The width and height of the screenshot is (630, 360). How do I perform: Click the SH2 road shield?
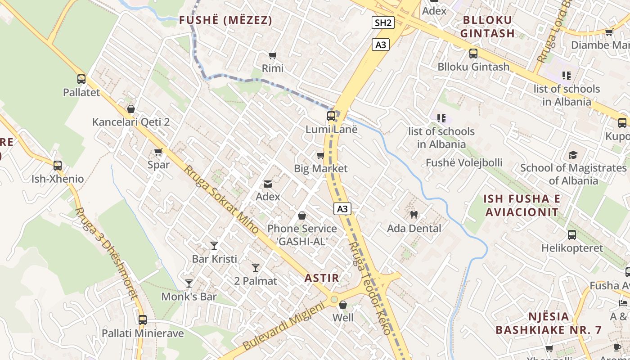click(383, 22)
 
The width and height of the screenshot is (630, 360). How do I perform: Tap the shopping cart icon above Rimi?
click(272, 55)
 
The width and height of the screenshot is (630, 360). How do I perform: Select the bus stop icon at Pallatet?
click(81, 79)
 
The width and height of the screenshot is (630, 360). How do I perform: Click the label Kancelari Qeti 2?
click(131, 122)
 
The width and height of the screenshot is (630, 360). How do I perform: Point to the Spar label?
click(158, 165)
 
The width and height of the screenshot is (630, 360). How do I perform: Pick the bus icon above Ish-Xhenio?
click(58, 165)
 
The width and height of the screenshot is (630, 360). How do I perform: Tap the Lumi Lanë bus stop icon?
click(331, 116)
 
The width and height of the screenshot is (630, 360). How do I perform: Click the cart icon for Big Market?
click(320, 156)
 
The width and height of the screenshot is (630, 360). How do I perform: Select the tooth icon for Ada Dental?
click(414, 215)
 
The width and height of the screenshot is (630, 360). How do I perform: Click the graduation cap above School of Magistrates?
click(573, 155)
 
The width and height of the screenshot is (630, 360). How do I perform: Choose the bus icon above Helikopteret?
click(572, 235)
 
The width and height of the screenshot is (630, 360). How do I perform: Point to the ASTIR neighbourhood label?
click(322, 278)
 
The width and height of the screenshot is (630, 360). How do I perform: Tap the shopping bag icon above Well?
click(343, 305)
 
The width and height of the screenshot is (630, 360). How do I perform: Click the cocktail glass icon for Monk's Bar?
click(189, 283)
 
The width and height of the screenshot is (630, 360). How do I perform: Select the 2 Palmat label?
click(256, 281)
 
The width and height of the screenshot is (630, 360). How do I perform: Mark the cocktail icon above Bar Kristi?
click(214, 246)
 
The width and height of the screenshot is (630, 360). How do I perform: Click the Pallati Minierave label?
click(143, 333)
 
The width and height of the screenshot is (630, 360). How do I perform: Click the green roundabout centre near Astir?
click(334, 299)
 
